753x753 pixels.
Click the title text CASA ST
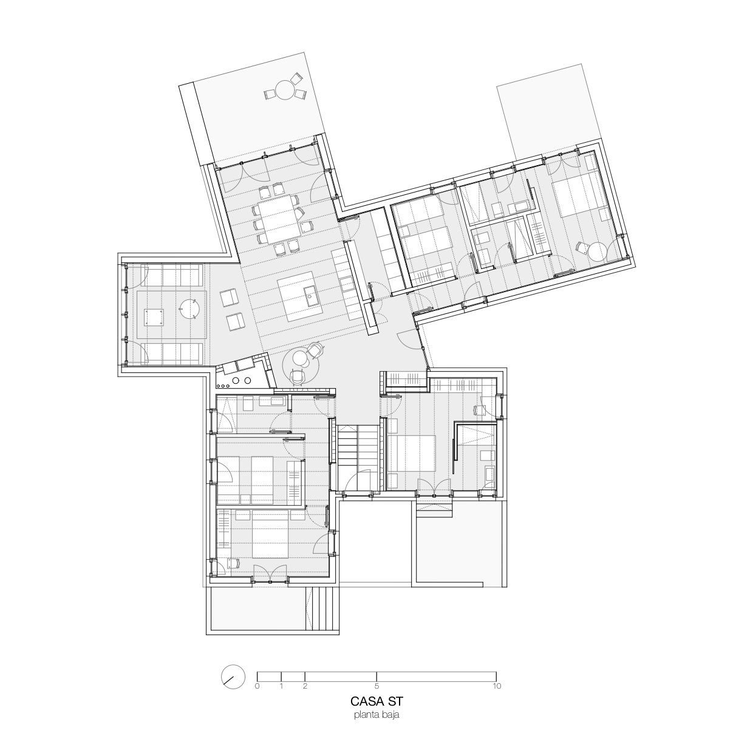[376, 712]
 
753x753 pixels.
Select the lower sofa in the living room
[172, 353]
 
